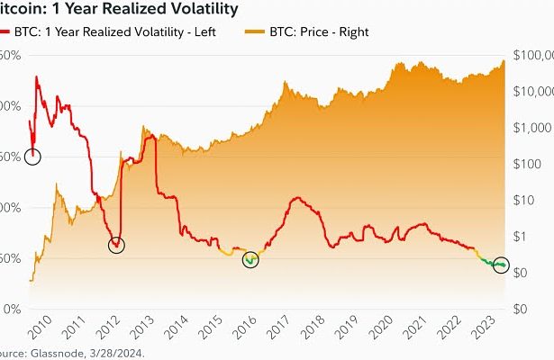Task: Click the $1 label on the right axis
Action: (x=516, y=236)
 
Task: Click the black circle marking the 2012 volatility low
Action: (x=115, y=244)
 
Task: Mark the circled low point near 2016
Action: (x=251, y=259)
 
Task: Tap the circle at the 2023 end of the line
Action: (x=502, y=266)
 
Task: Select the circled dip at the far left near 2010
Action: (x=33, y=156)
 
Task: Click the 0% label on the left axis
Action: (x=12, y=309)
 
